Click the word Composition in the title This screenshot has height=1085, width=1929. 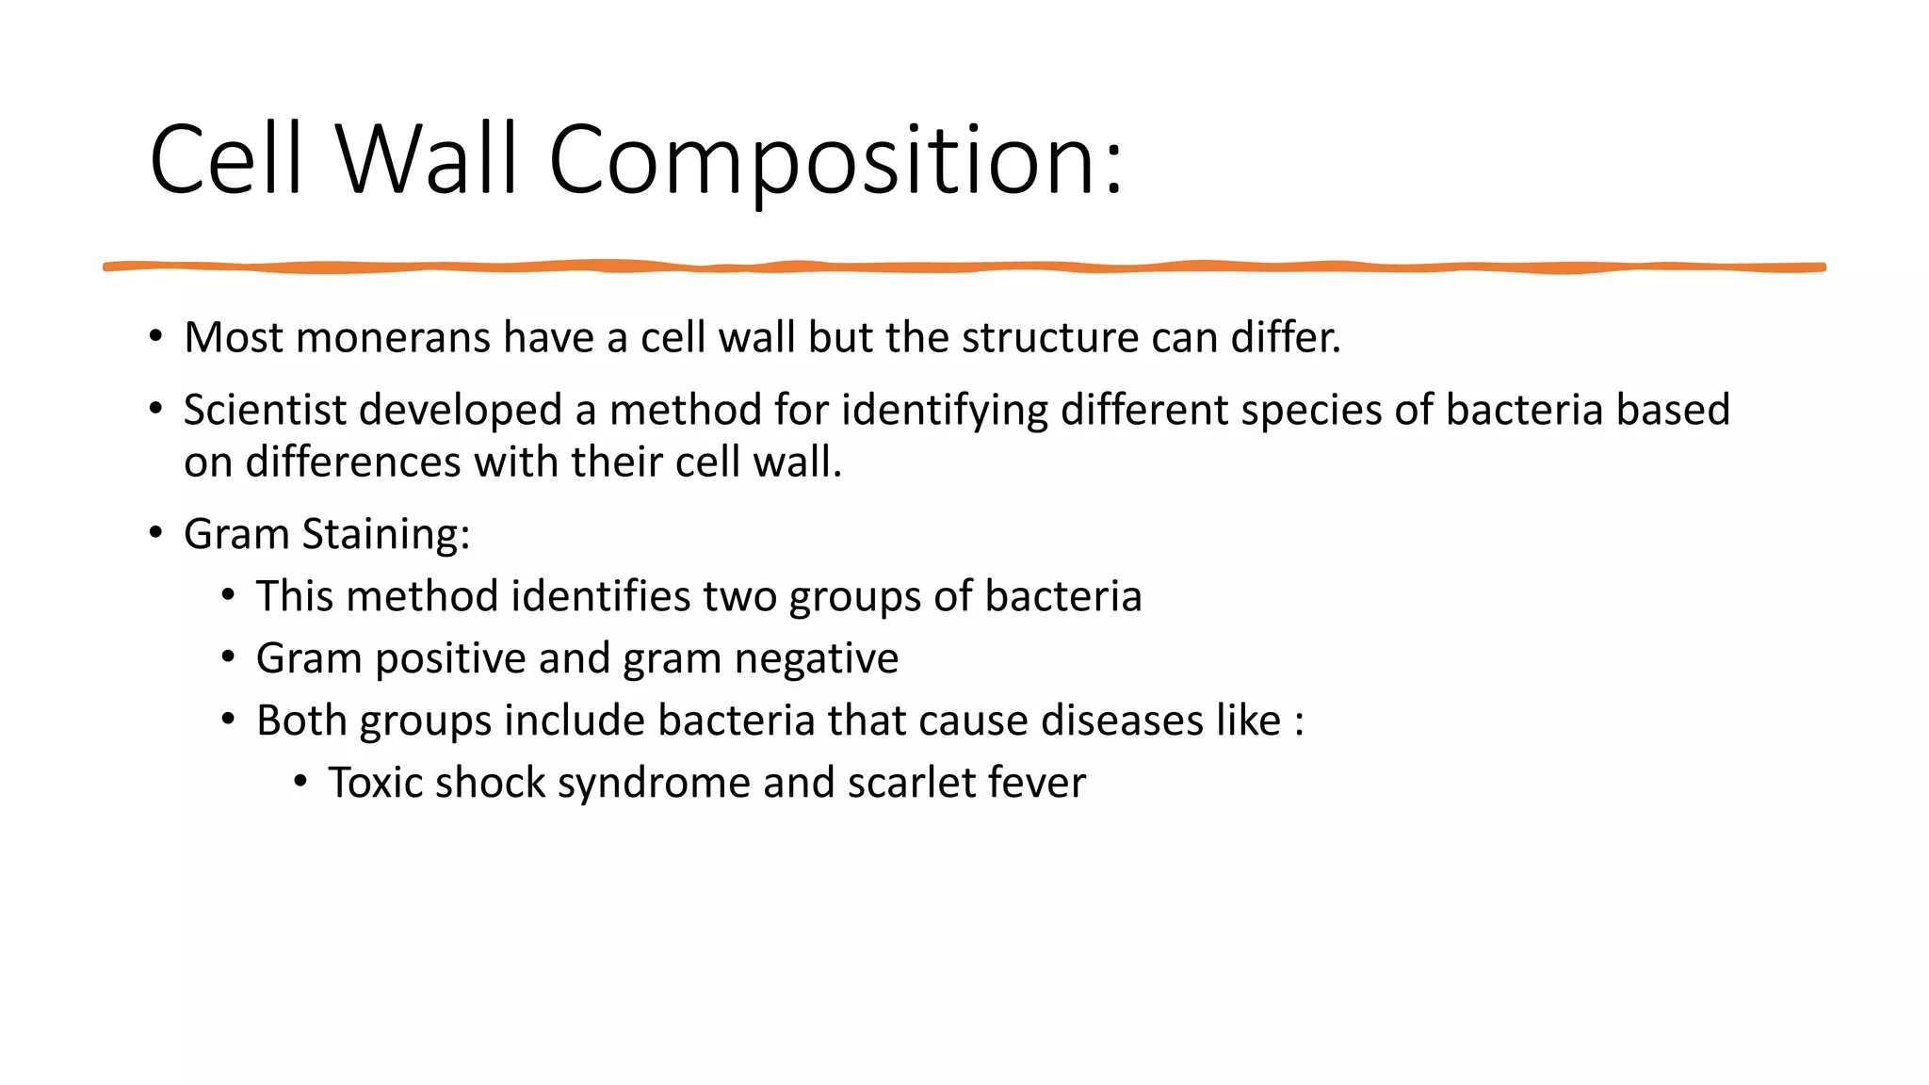[836, 160]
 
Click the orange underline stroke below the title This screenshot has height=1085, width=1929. [964, 267]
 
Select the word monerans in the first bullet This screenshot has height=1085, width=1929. [393, 338]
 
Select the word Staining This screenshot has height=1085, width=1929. [385, 535]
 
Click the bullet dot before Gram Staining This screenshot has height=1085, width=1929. [155, 533]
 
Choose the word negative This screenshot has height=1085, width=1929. [816, 658]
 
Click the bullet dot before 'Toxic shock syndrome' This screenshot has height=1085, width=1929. [300, 782]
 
